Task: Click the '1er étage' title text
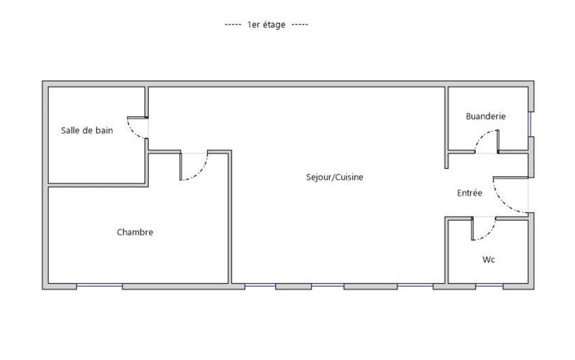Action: pos(267,24)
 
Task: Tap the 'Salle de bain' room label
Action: pos(87,131)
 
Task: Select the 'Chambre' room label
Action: pos(135,232)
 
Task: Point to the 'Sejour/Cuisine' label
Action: pos(334,177)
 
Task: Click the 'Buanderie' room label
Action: pos(486,116)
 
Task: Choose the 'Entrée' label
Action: pos(470,193)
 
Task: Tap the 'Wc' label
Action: pos(489,259)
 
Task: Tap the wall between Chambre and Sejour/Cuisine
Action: pos(230,216)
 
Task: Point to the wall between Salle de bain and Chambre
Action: pos(97,185)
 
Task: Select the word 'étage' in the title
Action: pos(275,24)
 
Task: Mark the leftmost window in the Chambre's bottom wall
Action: pos(99,286)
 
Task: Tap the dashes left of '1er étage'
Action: pos(233,24)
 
